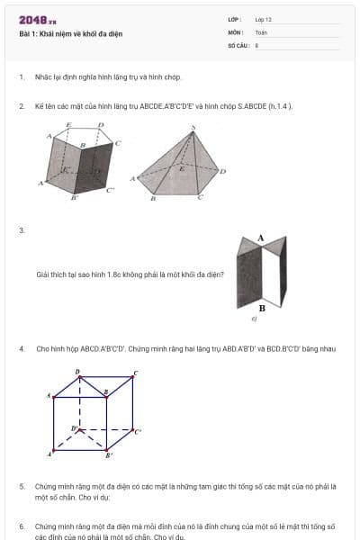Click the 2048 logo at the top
[x=37, y=19]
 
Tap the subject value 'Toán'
[x=261, y=31]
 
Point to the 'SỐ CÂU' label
[x=237, y=44]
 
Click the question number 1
[x=21, y=78]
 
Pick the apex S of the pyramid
[x=193, y=129]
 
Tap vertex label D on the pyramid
[x=222, y=170]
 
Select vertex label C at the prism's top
[x=117, y=143]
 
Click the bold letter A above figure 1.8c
[x=260, y=238]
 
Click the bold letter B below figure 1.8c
[x=261, y=308]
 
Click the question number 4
[x=21, y=348]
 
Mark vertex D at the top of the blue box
[x=77, y=371]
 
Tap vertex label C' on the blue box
[x=137, y=432]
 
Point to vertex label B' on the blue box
[x=109, y=455]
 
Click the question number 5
[x=21, y=486]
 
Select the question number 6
[x=21, y=526]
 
